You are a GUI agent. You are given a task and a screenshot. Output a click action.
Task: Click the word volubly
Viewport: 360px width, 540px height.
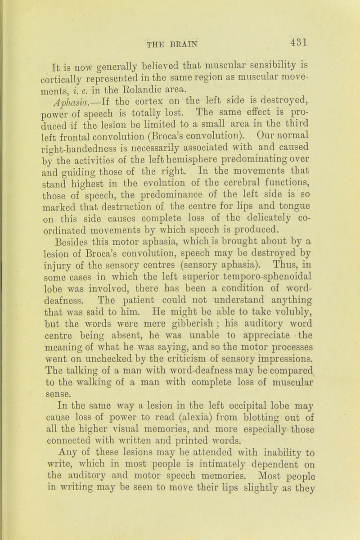click(x=308, y=349)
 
